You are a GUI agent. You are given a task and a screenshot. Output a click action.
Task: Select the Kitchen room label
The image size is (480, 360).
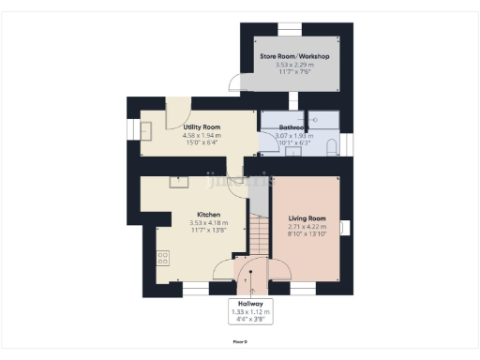click(207, 213)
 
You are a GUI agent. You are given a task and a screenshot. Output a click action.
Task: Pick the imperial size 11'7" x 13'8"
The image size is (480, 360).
click(207, 230)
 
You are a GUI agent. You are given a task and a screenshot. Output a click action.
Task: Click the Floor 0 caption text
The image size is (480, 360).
click(240, 342)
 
